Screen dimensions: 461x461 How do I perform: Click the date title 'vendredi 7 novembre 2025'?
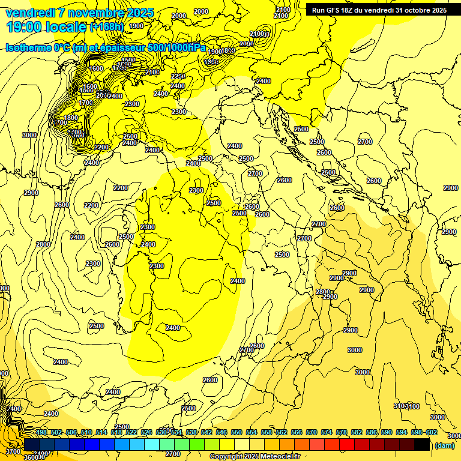tap(79, 13)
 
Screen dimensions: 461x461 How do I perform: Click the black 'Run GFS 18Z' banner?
tap(378, 10)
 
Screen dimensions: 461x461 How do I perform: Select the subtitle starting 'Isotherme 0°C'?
tap(106, 47)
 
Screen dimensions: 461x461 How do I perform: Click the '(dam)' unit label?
tap(444, 445)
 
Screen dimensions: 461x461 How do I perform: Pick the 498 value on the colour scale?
tap(41, 433)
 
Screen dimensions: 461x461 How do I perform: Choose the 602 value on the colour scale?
tap(432, 433)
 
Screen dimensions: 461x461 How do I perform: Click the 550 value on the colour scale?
tap(237, 433)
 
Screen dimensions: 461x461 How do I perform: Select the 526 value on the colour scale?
tap(146, 433)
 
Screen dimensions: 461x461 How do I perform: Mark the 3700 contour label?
tap(13, 451)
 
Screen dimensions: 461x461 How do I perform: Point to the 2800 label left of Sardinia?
tap(43, 244)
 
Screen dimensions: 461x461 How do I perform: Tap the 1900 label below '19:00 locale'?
tap(136, 26)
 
